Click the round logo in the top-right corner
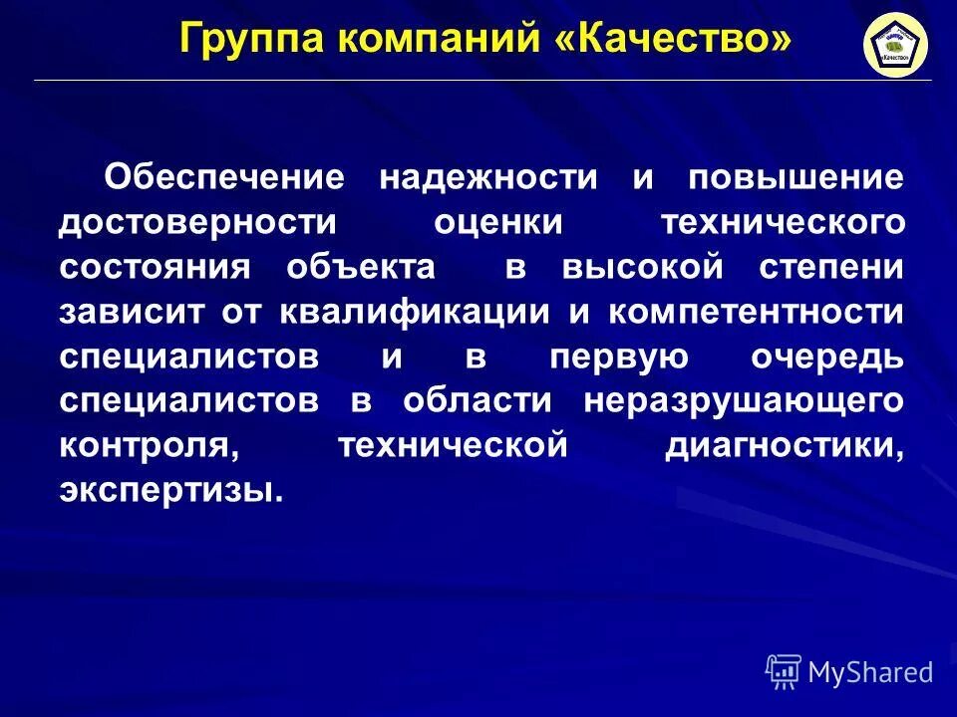coord(895,46)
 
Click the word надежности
coord(488,178)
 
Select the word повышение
coord(796,178)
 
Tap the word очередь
coord(823,357)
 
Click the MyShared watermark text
coord(870,672)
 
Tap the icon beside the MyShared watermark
coord(784,672)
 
